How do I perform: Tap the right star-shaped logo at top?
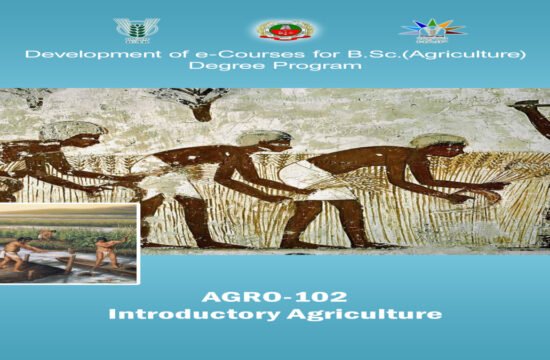point(425,28)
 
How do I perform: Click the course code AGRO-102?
point(275,296)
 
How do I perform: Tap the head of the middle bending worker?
point(262,139)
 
